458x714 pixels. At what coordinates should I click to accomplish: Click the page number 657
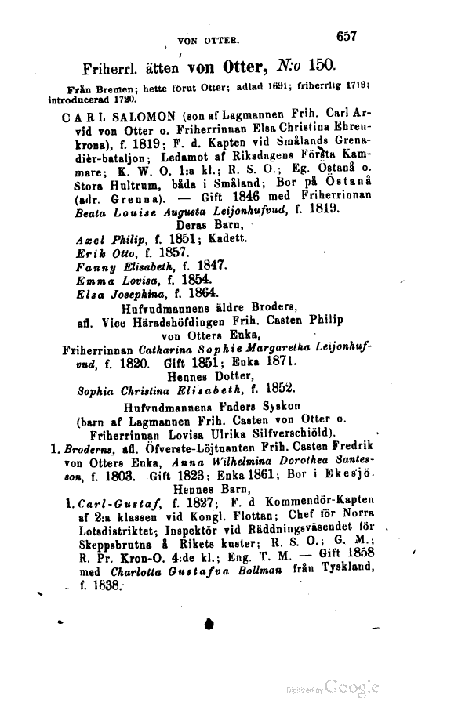coord(346,35)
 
